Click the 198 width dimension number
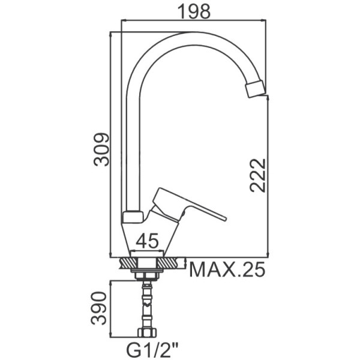[194, 11]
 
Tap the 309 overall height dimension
[101, 149]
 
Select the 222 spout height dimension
[258, 175]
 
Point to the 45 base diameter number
[147, 241]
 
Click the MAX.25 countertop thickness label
[227, 269]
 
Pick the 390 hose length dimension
[99, 308]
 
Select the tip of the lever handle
[225, 218]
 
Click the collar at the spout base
[133, 217]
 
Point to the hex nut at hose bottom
[147, 332]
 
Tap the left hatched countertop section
[128, 263]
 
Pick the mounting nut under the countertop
[147, 276]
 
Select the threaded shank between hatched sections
[147, 263]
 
